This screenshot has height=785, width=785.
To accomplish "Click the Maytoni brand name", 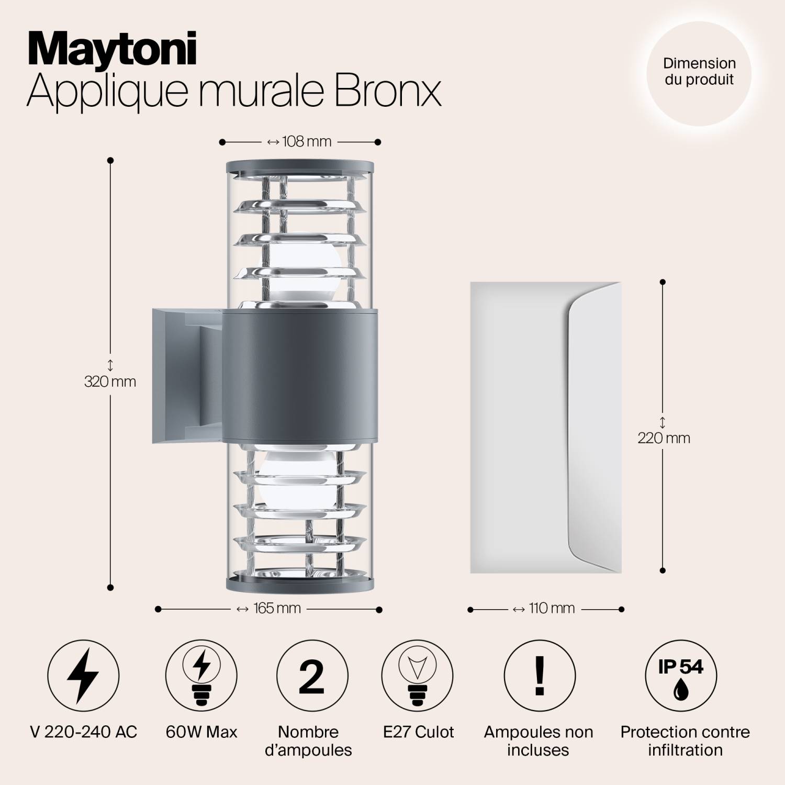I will (112, 49).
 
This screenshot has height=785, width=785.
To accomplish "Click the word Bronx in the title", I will (387, 91).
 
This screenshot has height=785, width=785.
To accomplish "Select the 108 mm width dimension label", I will (300, 142).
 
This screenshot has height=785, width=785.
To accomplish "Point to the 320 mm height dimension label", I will (110, 382).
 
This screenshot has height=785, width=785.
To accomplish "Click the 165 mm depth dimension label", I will (270, 609).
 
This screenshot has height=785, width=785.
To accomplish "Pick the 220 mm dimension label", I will (663, 438).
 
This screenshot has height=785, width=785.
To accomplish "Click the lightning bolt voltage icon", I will (83, 675).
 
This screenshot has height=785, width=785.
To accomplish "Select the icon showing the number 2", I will (312, 675).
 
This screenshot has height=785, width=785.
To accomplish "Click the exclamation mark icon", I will (540, 675).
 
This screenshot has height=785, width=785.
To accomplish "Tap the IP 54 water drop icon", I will (680, 675).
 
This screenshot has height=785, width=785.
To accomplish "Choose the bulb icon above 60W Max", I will (201, 675).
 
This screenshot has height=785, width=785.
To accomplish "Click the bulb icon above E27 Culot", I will (417, 675).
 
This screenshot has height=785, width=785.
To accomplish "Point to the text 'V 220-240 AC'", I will (84, 732).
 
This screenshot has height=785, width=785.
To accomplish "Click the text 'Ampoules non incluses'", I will (539, 741).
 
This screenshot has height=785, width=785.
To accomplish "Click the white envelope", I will (545, 428).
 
